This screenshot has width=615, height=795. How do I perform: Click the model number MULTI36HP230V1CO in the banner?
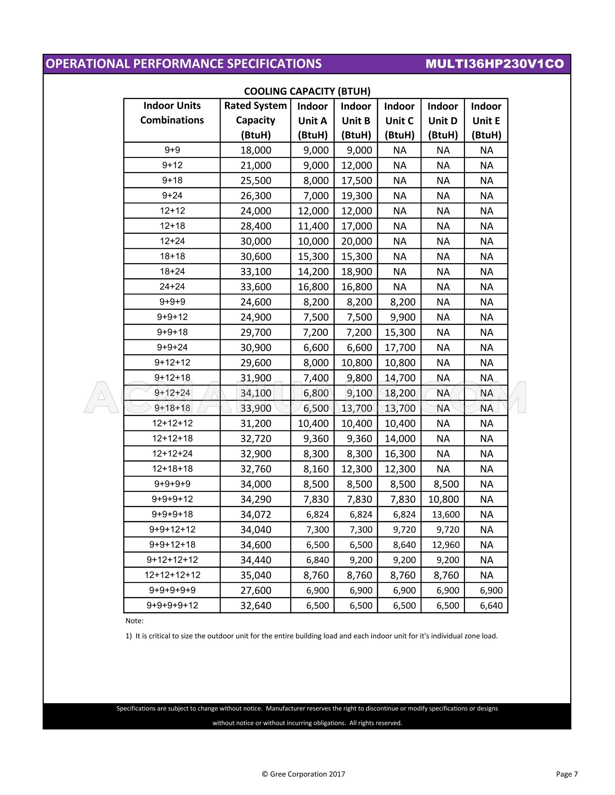(494, 64)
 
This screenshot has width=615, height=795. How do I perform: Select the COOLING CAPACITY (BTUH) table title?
(307, 91)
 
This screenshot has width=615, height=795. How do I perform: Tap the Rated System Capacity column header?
(255, 120)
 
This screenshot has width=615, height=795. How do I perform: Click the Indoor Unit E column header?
(486, 120)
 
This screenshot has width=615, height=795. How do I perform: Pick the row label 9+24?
(172, 195)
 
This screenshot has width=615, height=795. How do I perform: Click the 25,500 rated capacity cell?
(256, 181)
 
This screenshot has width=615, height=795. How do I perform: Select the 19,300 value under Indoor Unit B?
(356, 196)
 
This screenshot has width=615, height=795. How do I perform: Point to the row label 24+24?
(172, 286)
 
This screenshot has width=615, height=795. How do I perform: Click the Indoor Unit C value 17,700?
(400, 347)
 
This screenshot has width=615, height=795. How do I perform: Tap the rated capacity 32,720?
(256, 439)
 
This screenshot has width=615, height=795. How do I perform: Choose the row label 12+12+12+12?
(172, 575)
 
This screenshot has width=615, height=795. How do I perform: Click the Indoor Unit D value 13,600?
(445, 515)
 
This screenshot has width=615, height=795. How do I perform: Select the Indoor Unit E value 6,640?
(491, 606)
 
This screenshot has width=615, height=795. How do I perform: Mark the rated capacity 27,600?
(256, 590)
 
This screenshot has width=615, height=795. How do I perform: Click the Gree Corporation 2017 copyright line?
(303, 774)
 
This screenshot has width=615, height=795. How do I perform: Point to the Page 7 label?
(566, 774)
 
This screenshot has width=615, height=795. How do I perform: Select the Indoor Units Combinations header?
(172, 113)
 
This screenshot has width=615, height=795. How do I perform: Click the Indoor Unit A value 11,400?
(313, 226)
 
